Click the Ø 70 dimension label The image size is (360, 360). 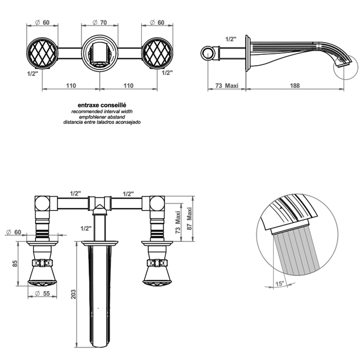(100, 22)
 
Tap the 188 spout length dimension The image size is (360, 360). (295, 86)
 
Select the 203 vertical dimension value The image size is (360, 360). (73, 294)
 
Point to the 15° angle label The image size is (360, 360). (280, 284)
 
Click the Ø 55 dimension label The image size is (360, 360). (42, 293)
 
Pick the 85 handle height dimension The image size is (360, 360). (15, 264)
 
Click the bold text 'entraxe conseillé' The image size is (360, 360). (102, 105)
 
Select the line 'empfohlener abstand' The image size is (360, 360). (102, 117)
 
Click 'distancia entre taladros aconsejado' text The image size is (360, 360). (102, 122)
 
